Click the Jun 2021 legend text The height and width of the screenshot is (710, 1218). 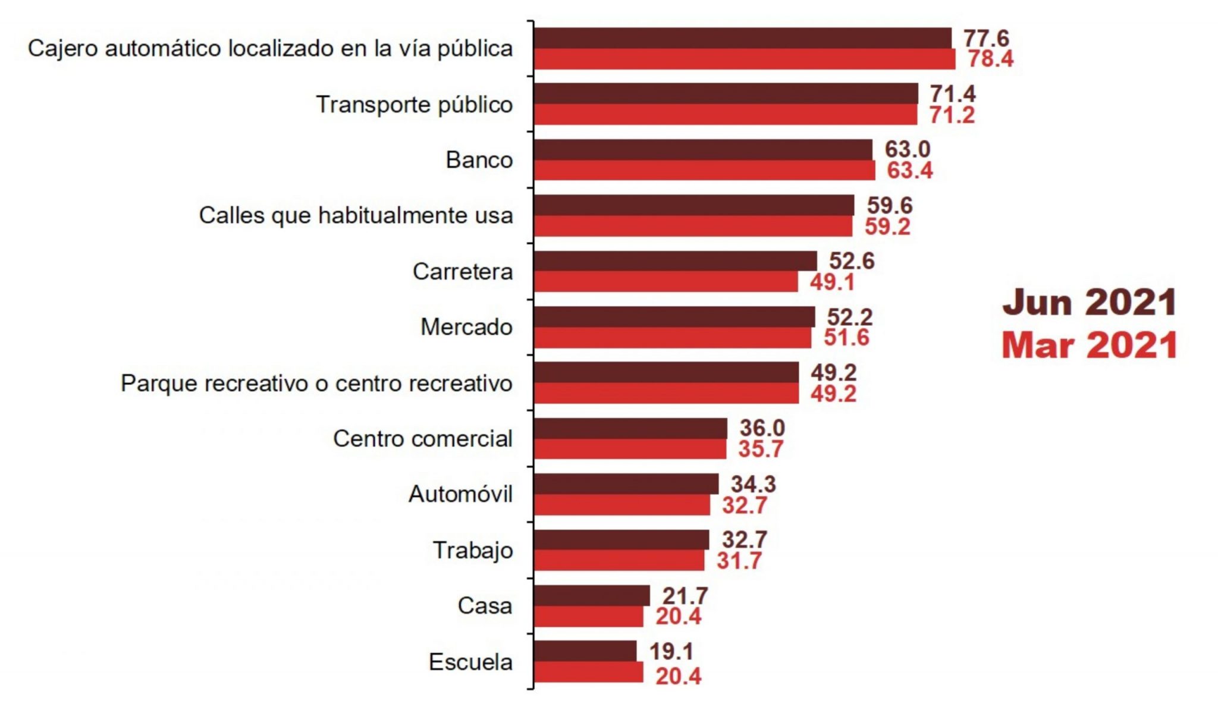click(x=1089, y=303)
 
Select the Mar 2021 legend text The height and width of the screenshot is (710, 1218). click(x=1089, y=345)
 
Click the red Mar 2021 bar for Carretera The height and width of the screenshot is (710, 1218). click(x=665, y=282)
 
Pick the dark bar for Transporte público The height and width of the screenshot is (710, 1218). click(x=726, y=94)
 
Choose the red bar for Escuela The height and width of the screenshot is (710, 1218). click(x=588, y=673)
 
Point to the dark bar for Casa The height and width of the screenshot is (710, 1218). click(x=592, y=596)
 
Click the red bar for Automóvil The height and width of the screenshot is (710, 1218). click(x=622, y=505)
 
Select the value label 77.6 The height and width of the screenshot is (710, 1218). click(x=986, y=38)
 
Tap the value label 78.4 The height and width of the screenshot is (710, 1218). click(x=990, y=59)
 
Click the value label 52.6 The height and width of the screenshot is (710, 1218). click(x=852, y=261)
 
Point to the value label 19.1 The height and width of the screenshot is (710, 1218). click(x=671, y=652)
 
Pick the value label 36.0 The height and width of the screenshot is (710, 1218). click(x=762, y=428)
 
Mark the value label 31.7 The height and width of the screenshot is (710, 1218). click(x=739, y=561)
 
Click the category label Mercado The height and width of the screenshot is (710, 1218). click(x=466, y=327)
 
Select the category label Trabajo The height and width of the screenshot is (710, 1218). click(x=472, y=550)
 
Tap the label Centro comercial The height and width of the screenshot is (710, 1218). click(x=422, y=439)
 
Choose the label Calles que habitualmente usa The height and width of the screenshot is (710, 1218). click(x=356, y=215)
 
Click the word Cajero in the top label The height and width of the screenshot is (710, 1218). click(x=62, y=49)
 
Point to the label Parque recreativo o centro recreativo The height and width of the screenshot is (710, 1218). click(x=316, y=383)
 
